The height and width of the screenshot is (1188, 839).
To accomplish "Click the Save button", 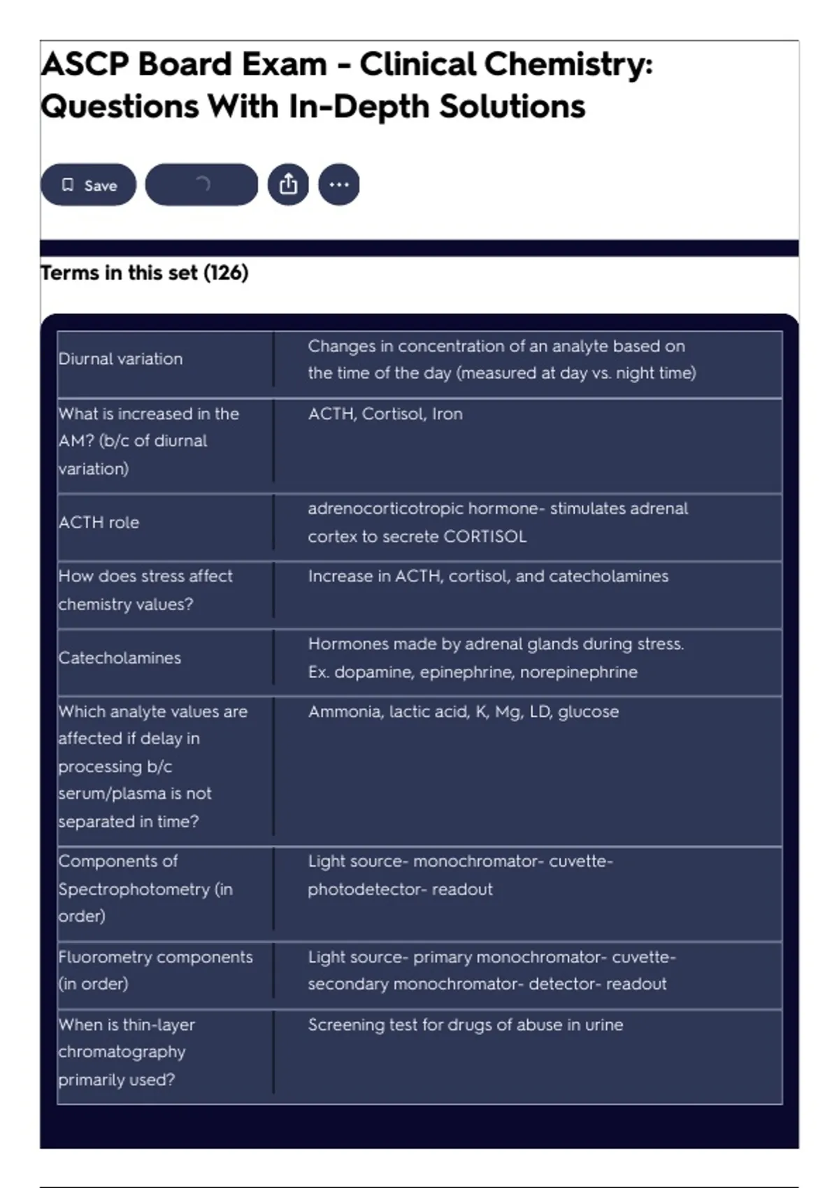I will pyautogui.click(x=88, y=185).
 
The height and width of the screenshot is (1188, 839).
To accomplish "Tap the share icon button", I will pyautogui.click(x=288, y=184).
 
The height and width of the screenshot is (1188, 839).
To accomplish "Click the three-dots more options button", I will pyautogui.click(x=339, y=184).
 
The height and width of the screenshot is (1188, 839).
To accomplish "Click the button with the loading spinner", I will pyautogui.click(x=201, y=184).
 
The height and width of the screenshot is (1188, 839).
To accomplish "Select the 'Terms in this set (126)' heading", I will pyautogui.click(x=145, y=273).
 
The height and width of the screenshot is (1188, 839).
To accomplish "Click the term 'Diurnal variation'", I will pyautogui.click(x=120, y=359).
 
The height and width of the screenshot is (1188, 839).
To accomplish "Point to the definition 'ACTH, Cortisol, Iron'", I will pyautogui.click(x=385, y=414).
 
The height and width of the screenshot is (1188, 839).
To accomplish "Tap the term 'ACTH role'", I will pyautogui.click(x=99, y=523).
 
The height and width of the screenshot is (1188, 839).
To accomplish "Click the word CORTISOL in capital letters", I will pyautogui.click(x=485, y=537).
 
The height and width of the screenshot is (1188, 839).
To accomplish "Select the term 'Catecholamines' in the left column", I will pyautogui.click(x=120, y=658).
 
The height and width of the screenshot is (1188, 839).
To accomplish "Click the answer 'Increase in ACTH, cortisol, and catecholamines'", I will pyautogui.click(x=488, y=577).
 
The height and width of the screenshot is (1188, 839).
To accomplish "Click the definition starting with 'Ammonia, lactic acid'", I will pyautogui.click(x=464, y=712).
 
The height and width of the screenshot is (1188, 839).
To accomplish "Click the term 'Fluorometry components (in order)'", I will pyautogui.click(x=155, y=971).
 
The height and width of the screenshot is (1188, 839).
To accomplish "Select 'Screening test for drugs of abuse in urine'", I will pyautogui.click(x=466, y=1025).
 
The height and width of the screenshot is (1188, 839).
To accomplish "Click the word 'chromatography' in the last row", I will pyautogui.click(x=122, y=1052).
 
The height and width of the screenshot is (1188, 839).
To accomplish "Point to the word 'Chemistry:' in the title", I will pyautogui.click(x=568, y=64).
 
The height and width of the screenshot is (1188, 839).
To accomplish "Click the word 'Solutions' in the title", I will pyautogui.click(x=512, y=107).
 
